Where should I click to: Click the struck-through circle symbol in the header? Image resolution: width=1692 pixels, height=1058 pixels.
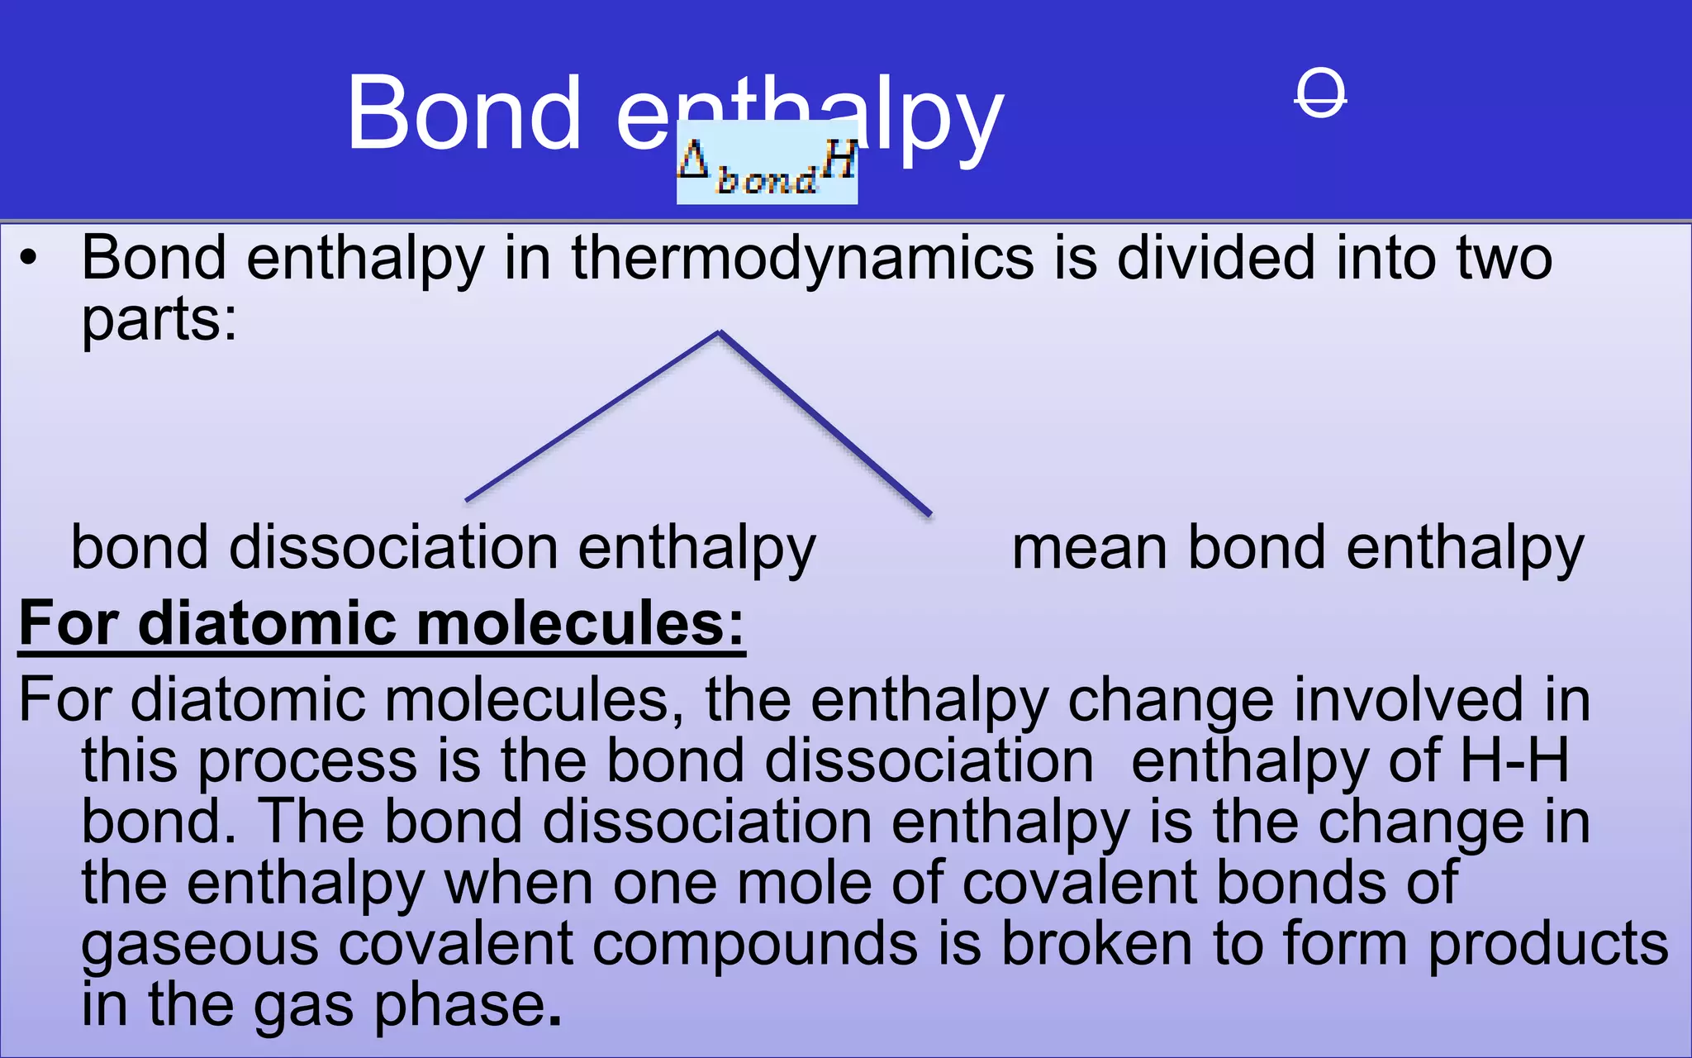1320,93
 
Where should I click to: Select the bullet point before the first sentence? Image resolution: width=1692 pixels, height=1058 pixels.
29,259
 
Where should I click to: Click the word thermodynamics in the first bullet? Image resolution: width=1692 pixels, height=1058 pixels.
802,258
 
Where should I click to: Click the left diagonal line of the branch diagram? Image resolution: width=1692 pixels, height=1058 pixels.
591,416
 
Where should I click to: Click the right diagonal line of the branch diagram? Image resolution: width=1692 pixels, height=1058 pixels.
826,424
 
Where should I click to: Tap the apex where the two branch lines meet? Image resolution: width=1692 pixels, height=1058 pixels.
720,332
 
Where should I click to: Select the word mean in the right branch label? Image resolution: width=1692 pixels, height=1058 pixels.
1089,548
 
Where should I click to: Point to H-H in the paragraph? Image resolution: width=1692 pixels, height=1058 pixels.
1514,760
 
